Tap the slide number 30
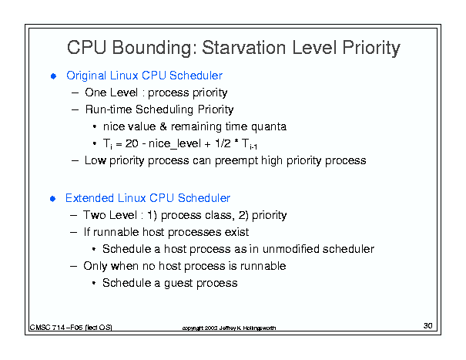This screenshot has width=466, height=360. coord(428,326)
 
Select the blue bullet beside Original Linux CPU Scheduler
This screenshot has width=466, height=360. coord(53,76)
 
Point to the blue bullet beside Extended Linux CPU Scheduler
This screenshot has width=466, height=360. coord(53,199)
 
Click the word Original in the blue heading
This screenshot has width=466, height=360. coord(86,76)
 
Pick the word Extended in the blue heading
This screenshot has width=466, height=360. coord(89,198)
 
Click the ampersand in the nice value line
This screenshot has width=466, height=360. coord(163,126)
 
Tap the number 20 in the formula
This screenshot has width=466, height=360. coord(132,143)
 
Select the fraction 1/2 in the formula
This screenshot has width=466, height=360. coord(223,143)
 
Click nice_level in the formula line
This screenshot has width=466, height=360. coord(175,144)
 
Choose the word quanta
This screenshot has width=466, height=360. coord(269,127)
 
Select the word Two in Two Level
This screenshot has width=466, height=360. coord(93,215)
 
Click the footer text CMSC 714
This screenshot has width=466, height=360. coord(47,328)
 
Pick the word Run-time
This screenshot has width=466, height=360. coord(109,109)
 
